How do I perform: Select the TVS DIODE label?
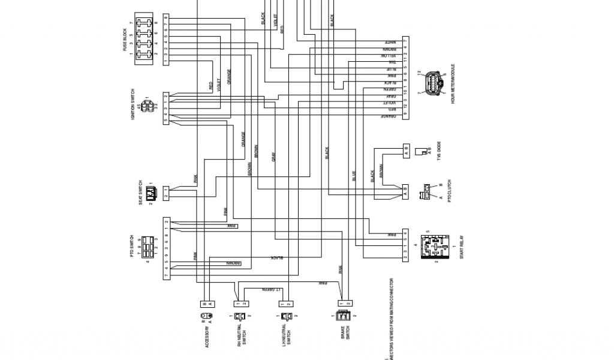(438, 150)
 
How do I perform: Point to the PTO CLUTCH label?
(449, 191)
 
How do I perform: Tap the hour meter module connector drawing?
(434, 84)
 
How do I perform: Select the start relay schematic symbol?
(435, 246)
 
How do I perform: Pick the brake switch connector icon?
(344, 316)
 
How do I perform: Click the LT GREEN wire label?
(270, 289)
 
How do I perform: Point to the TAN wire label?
(392, 62)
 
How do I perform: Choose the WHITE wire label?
(391, 41)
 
